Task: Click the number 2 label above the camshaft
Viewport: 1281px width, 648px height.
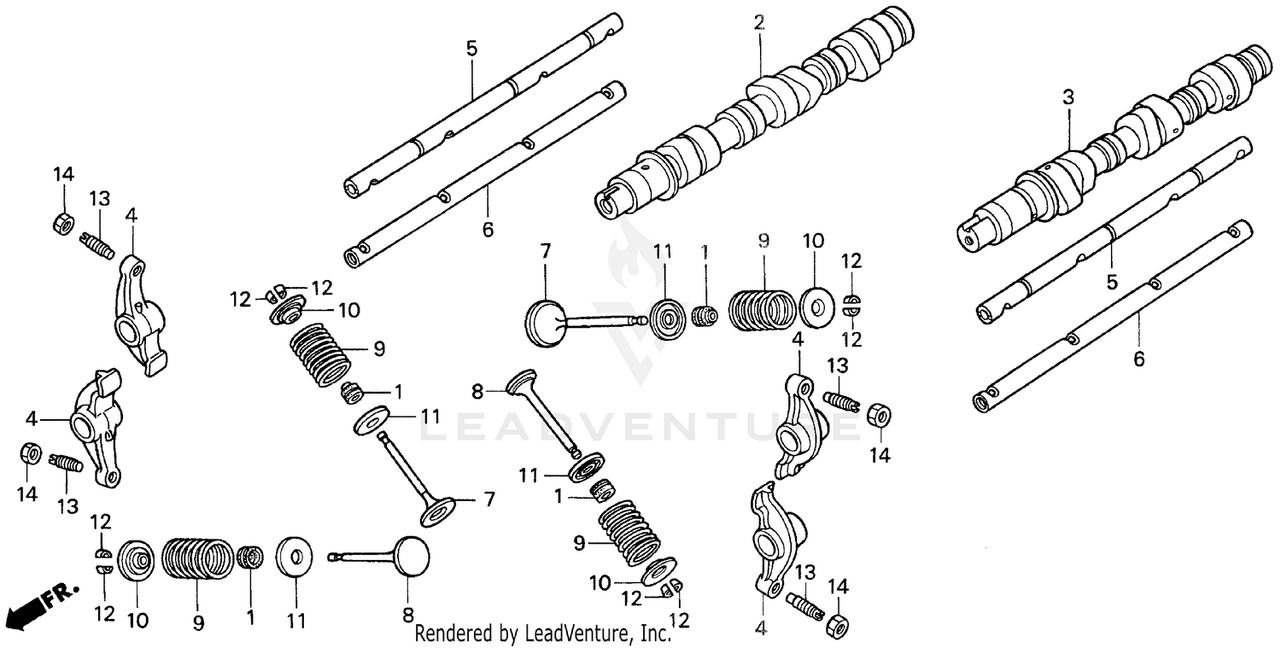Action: (x=758, y=24)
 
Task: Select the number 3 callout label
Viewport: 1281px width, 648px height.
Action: (x=1067, y=97)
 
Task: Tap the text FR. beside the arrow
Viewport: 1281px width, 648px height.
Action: (x=61, y=593)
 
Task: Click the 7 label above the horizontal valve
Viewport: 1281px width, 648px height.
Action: (x=545, y=251)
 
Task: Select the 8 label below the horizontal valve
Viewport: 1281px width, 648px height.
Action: (x=407, y=614)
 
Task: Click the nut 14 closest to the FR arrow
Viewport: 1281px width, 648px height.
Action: (x=28, y=454)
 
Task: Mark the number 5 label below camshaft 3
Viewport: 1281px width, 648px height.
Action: (x=1111, y=282)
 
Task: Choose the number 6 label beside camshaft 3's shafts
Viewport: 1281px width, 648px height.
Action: (x=1138, y=359)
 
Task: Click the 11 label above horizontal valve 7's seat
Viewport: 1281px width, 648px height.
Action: (x=664, y=252)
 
